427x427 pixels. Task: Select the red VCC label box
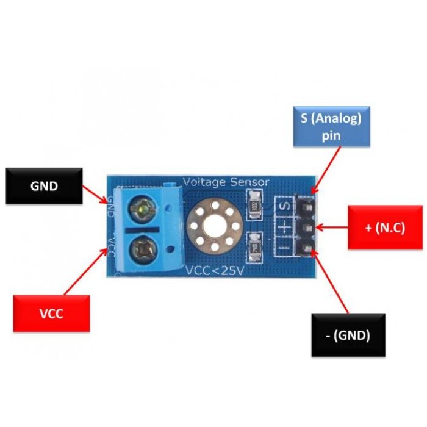coord(51,313)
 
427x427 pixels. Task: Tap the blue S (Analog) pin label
coord(331,126)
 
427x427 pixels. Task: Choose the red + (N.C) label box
coord(384,228)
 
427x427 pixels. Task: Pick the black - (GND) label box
coord(348,334)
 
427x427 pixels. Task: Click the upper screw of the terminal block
coord(142,210)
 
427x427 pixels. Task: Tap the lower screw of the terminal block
coord(141,248)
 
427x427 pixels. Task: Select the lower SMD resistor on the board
coord(255,246)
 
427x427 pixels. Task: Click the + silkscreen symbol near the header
coord(284,228)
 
